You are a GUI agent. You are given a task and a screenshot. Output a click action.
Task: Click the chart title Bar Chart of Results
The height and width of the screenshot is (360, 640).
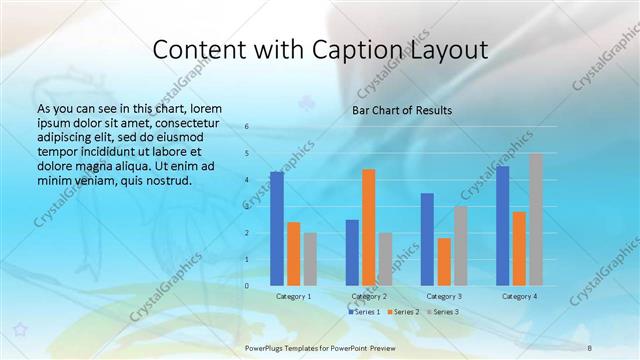click(x=401, y=110)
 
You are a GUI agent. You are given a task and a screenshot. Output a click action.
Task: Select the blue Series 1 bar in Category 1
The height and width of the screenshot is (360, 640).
click(x=277, y=229)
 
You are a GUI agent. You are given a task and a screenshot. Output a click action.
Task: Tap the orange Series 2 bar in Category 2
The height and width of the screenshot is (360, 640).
click(x=368, y=228)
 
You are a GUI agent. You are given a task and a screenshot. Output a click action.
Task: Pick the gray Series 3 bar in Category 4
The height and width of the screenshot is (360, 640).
click(x=535, y=220)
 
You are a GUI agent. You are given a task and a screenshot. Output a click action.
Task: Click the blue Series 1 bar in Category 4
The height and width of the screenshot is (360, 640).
click(x=502, y=226)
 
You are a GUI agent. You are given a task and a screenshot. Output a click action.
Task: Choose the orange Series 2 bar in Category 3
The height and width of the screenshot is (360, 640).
click(x=444, y=262)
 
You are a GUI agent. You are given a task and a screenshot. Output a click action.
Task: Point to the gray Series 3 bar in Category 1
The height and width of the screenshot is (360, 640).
click(x=310, y=259)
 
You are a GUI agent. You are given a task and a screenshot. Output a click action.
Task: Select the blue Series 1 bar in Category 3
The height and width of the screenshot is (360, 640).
click(x=427, y=240)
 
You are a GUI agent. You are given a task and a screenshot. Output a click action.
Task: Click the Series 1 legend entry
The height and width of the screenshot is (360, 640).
click(x=364, y=312)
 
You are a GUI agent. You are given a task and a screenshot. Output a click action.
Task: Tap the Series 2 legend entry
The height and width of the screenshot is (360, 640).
click(x=402, y=312)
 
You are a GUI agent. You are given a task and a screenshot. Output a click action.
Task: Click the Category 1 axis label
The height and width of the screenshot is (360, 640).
click(x=293, y=297)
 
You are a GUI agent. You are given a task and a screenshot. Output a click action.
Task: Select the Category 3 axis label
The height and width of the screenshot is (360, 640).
click(x=443, y=297)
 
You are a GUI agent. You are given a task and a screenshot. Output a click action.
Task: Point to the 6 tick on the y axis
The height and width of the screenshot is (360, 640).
click(x=247, y=127)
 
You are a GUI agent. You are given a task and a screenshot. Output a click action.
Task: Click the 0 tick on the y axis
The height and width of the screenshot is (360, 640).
click(x=247, y=286)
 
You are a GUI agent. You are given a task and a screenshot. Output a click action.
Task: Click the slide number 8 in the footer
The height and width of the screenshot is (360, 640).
click(x=589, y=346)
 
